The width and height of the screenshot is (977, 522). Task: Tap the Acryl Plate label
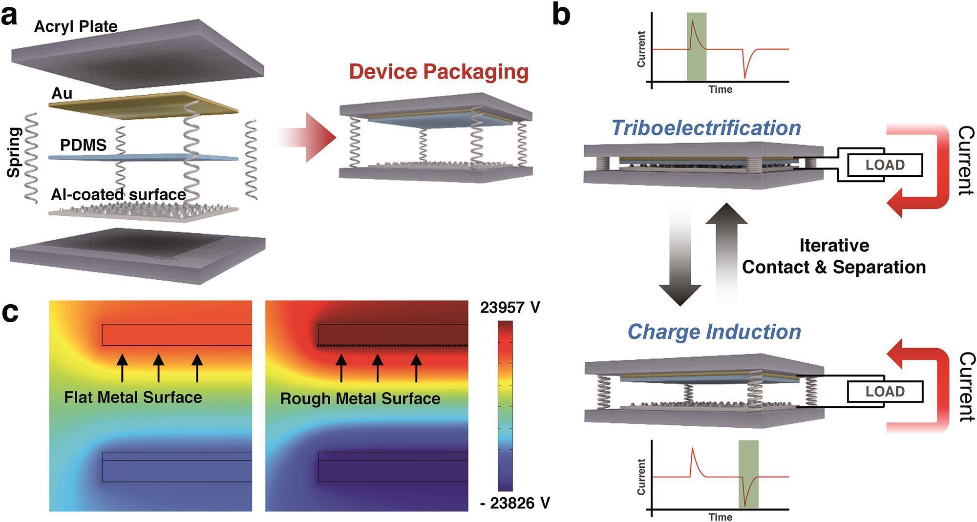point(76,26)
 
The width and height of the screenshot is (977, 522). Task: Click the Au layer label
point(62,93)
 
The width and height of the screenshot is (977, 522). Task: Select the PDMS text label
point(83,145)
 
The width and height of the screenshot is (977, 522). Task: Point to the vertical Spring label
point(15,152)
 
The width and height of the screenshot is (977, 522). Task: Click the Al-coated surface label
point(118,194)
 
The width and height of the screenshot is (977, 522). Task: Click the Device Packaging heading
point(439,71)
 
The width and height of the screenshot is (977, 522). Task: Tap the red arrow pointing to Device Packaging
point(308,137)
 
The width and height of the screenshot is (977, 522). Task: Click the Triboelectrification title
point(706,128)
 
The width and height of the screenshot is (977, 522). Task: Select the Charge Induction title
point(714,332)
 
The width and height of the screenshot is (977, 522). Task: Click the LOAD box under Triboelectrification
point(885,165)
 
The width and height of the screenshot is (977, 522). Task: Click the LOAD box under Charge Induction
point(885,392)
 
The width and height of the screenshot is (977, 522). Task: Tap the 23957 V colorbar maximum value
point(510,308)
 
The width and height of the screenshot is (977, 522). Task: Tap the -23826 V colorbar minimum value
point(515,503)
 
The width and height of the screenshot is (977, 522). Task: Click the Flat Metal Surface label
point(133,397)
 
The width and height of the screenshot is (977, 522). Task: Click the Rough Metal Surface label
point(360,398)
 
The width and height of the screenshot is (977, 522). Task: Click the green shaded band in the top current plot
point(696,46)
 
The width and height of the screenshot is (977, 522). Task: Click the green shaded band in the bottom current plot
point(748,474)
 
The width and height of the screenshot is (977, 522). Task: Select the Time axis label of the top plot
point(720,89)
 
